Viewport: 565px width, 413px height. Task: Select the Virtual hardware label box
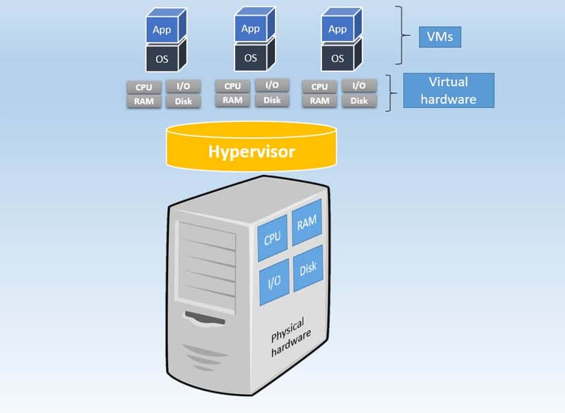pyautogui.click(x=448, y=91)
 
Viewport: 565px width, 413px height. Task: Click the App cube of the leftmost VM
pyautogui.click(x=162, y=30)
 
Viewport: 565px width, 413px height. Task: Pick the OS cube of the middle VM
pyautogui.click(x=251, y=57)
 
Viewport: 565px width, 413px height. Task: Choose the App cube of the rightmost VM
pyautogui.click(x=338, y=29)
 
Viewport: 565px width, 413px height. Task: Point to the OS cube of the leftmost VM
pyautogui.click(x=162, y=59)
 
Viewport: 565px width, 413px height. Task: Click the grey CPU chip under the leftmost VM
pyautogui.click(x=144, y=87)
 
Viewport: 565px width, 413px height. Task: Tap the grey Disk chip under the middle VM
pyautogui.click(x=272, y=100)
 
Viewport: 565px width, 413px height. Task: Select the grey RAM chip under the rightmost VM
pyautogui.click(x=319, y=100)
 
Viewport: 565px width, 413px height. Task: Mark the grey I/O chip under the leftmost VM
pyautogui.click(x=183, y=86)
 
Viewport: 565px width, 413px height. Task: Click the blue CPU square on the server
pyautogui.click(x=273, y=238)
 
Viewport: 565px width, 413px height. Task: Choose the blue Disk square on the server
pyautogui.click(x=307, y=268)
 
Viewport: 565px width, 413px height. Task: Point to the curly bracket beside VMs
pyautogui.click(x=403, y=35)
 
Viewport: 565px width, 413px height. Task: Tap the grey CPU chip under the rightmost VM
pyautogui.click(x=319, y=87)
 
